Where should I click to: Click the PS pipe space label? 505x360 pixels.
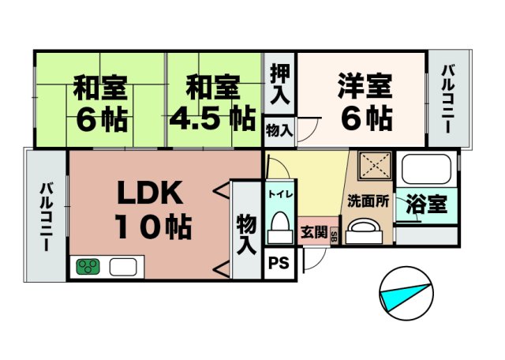coord(279,263)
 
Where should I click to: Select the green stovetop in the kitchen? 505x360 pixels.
coord(88,267)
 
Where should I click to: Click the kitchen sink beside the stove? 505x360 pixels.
coord(123,267)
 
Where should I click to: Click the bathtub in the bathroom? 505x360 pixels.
coord(426,169)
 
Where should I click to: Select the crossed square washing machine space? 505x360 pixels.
coord(376,165)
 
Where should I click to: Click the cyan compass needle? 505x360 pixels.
coord(405,298)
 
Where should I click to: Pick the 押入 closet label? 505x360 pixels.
coord(280,84)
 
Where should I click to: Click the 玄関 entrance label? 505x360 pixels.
coord(313,232)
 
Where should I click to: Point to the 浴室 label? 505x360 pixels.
coord(426,204)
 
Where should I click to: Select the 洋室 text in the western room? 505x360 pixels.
coord(365,86)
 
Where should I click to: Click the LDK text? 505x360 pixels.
coord(150,193)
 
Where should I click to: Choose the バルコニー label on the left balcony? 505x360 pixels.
coord(46,216)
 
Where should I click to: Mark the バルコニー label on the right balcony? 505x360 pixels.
coord(448,99)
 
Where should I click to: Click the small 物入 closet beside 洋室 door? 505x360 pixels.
coord(279,131)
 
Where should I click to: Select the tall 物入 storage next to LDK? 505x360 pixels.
coord(246,235)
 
